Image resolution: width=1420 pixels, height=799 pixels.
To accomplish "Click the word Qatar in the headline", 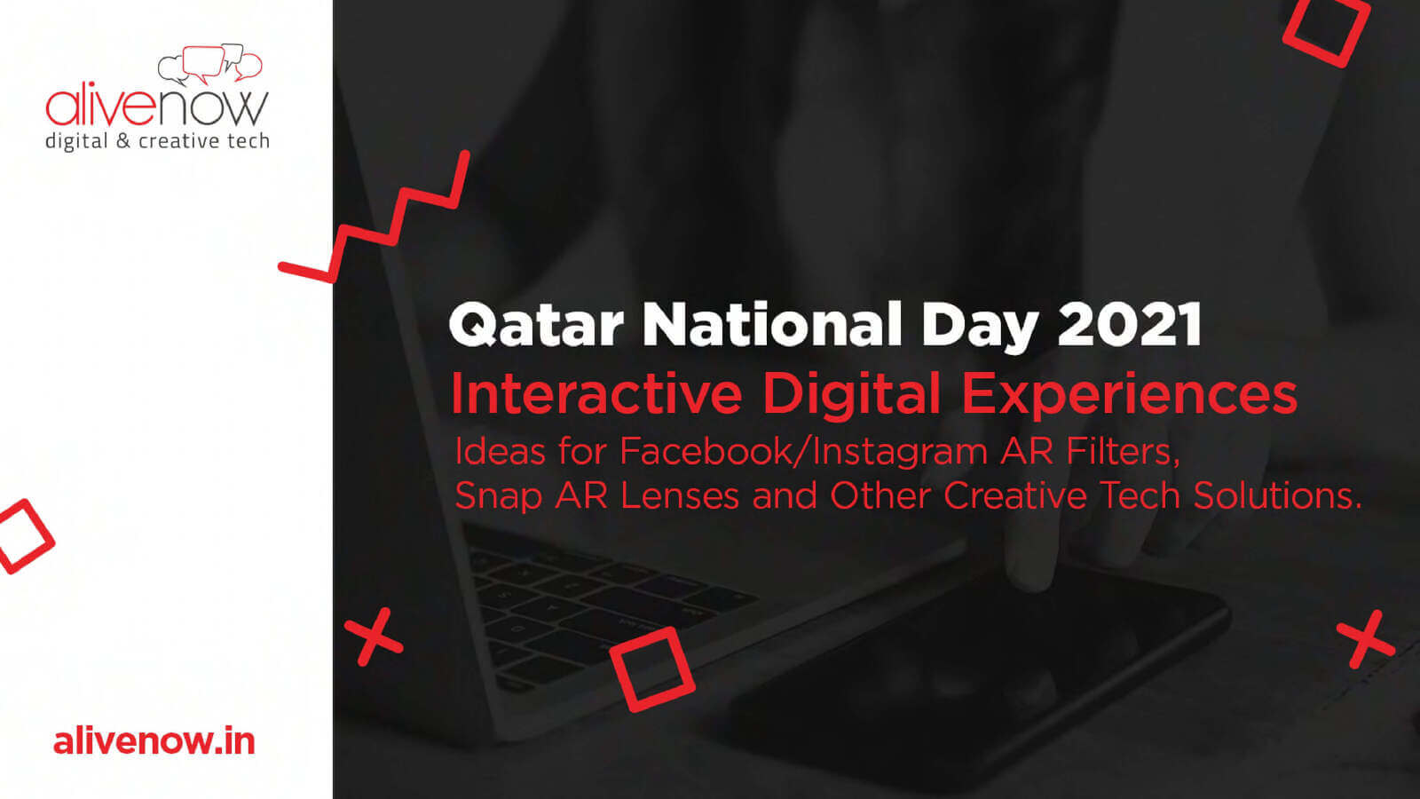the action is (x=536, y=324).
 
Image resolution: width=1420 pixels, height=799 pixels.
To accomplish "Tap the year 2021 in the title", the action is (x=1129, y=323).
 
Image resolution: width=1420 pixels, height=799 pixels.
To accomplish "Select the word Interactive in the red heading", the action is (x=596, y=394).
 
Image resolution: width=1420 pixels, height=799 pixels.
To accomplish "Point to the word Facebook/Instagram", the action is (x=803, y=452).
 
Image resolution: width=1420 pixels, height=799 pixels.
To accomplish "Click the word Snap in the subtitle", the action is (x=498, y=496).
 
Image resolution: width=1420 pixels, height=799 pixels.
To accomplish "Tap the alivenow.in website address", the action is (x=154, y=741).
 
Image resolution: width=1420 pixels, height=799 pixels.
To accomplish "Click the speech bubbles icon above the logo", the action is (x=209, y=63).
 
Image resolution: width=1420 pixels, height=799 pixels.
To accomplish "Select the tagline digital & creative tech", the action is (x=157, y=141).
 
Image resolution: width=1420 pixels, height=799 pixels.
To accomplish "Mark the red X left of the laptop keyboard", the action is (x=374, y=637).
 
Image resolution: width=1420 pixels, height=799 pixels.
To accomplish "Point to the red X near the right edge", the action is (x=1366, y=640).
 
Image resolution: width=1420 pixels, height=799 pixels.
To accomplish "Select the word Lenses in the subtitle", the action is (x=680, y=495).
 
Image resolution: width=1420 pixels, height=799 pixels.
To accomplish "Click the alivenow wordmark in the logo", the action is (x=157, y=107).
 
